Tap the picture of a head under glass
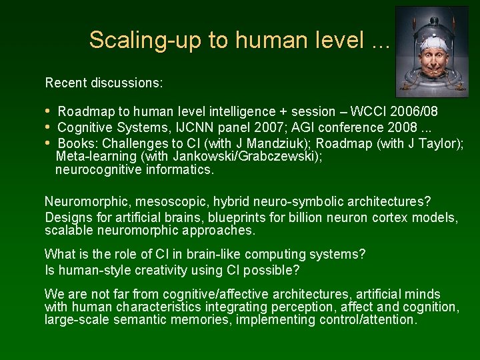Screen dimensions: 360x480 point(431,52)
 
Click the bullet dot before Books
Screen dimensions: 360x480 point(48,143)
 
